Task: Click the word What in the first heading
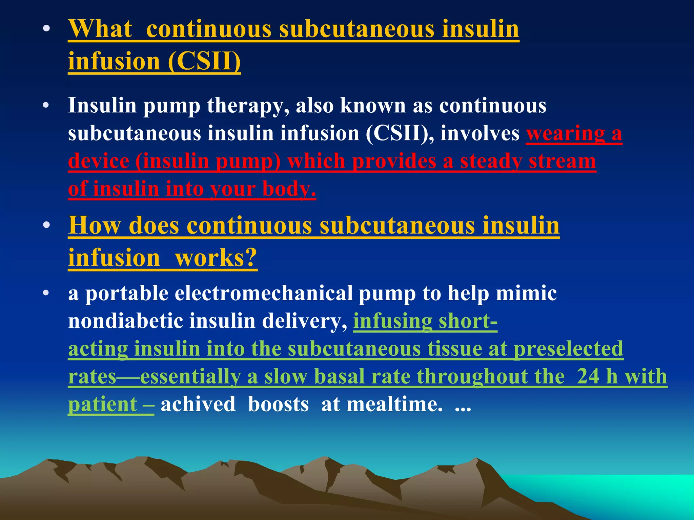(100, 29)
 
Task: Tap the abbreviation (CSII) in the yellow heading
(204, 61)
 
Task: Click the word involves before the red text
(480, 133)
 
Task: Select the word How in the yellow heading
(95, 225)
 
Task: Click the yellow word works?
(216, 258)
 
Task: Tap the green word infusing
(392, 321)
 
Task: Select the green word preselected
(568, 349)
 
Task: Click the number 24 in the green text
(588, 376)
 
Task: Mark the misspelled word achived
(198, 404)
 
